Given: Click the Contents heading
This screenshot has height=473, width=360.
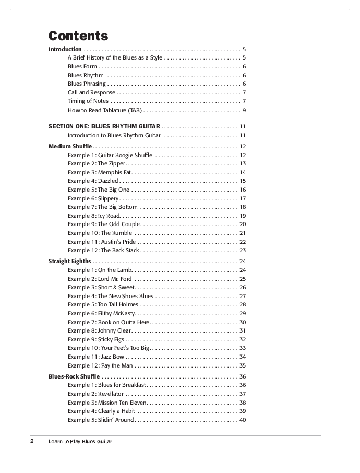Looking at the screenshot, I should tap(78, 36).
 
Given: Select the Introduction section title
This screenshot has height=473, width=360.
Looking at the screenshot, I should tap(65, 49).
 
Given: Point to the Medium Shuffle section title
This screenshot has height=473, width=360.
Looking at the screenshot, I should tap(70, 146).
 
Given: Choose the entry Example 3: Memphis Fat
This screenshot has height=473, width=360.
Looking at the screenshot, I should tap(99, 172).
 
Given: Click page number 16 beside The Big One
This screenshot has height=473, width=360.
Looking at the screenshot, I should tap(243, 190).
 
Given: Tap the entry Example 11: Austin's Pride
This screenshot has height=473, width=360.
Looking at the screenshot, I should tap(102, 242).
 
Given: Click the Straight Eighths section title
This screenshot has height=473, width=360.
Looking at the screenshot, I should tap(70, 261).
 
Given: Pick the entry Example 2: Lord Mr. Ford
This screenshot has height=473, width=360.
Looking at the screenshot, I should tap(97, 279).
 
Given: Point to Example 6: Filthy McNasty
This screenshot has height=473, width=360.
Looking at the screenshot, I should tap(101, 313).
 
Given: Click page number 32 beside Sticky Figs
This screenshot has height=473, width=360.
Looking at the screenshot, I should tap(243, 339).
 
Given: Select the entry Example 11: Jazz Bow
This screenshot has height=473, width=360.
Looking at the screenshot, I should tap(96, 357).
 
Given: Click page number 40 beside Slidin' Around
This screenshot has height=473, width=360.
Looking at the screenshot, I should tap(243, 420).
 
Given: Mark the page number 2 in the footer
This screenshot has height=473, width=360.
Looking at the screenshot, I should tap(32, 441).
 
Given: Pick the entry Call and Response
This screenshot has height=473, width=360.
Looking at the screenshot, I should tap(91, 92).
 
